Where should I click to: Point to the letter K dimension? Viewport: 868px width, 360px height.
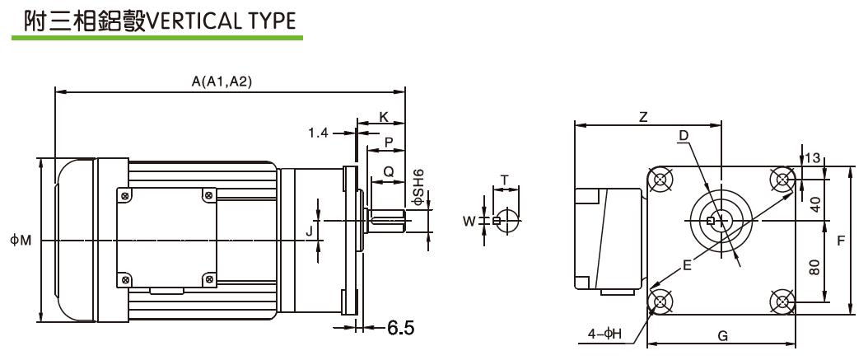[x=383, y=117]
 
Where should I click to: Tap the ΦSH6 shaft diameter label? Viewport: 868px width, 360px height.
[x=418, y=188]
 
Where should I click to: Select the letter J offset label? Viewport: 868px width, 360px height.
[x=310, y=231]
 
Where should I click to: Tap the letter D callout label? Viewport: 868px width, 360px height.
[x=684, y=135]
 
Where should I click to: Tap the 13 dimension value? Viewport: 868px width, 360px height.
[x=815, y=158]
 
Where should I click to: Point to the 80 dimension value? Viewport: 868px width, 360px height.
[x=814, y=268]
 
